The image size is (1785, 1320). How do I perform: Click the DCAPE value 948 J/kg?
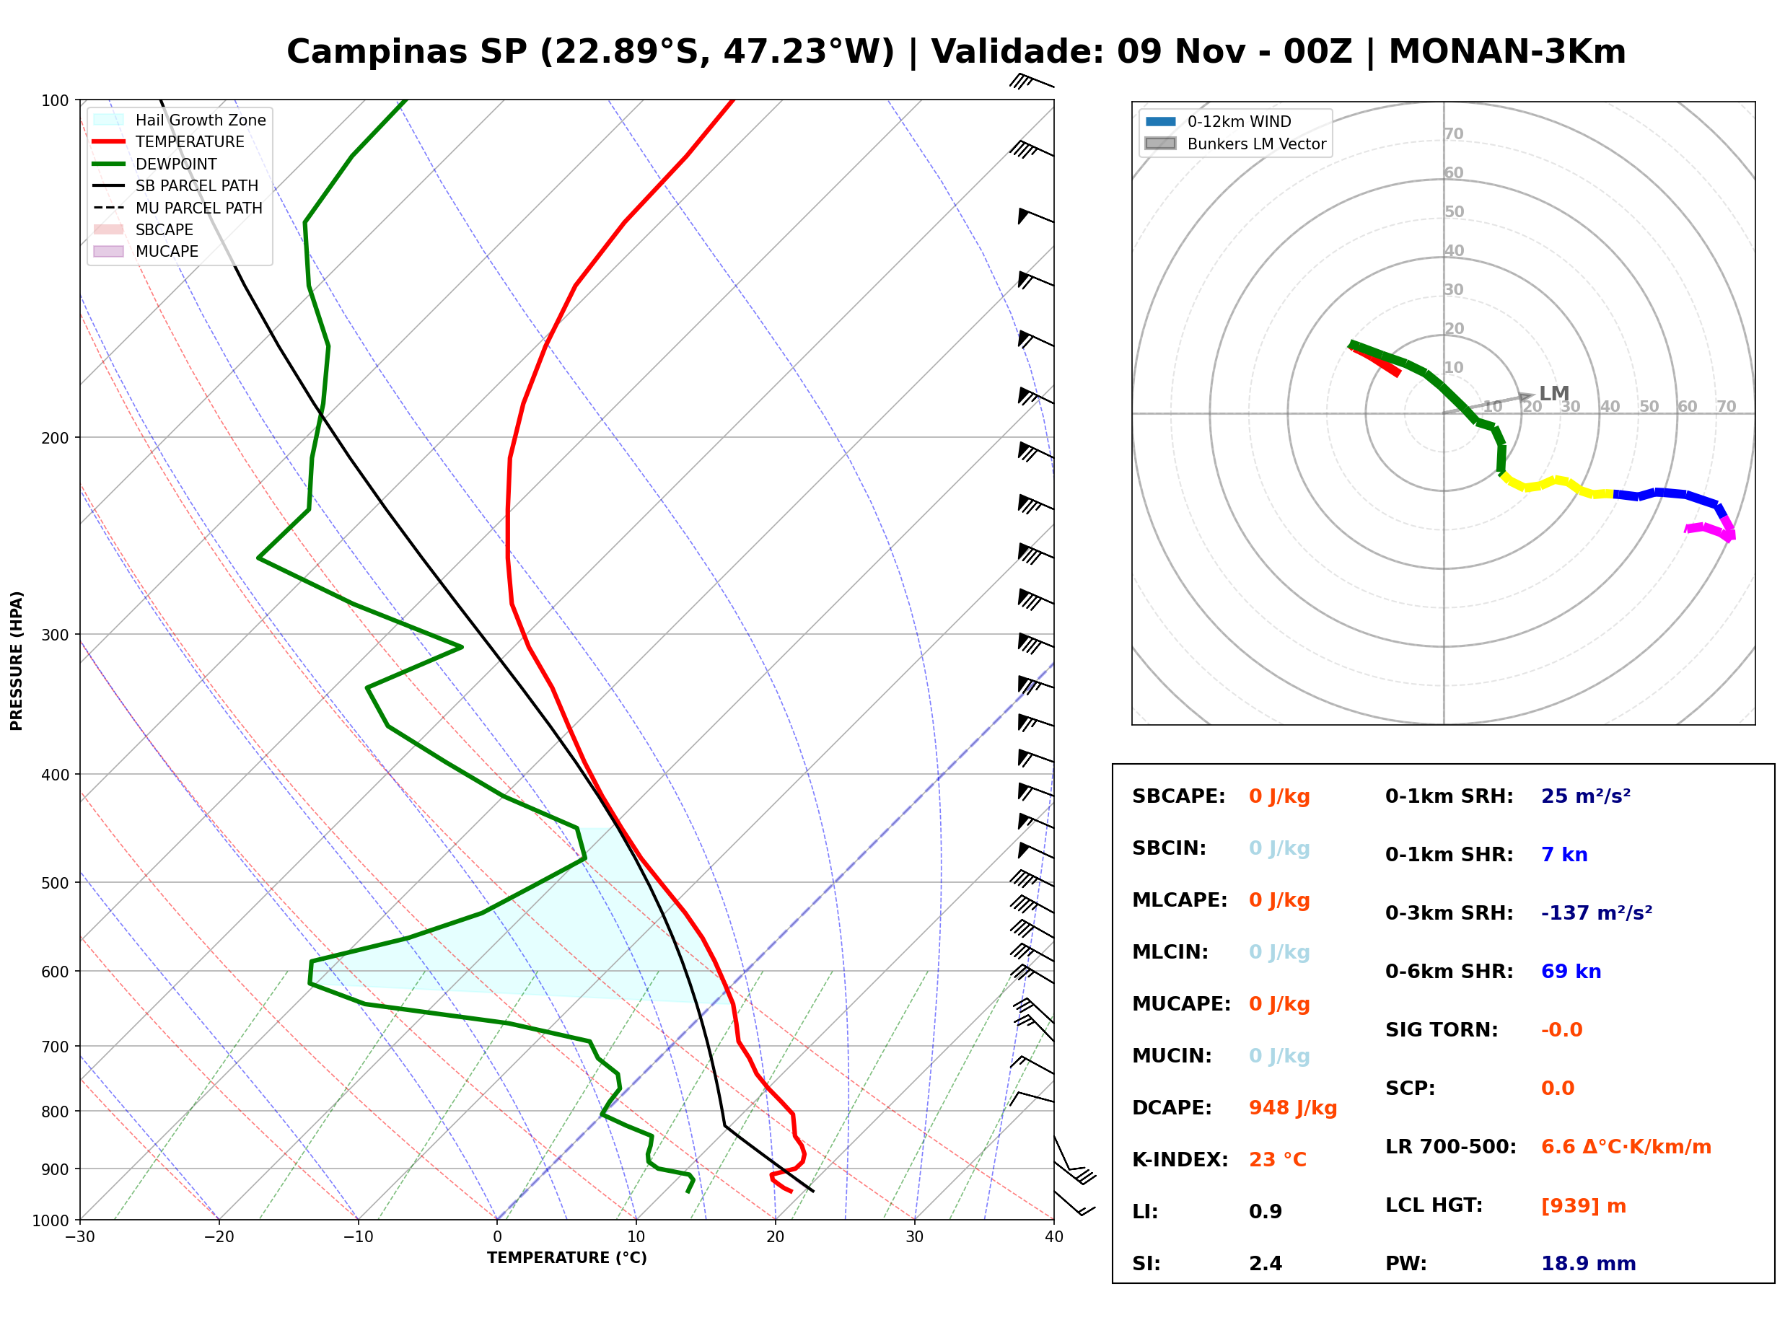(x=1292, y=1107)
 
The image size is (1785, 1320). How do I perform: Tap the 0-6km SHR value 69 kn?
(x=1571, y=971)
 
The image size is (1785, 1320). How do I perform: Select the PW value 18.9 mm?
(x=1589, y=1263)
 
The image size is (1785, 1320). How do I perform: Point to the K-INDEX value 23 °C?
(x=1278, y=1159)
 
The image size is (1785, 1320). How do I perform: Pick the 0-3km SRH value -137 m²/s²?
(x=1597, y=912)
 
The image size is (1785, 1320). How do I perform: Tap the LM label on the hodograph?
(x=1554, y=393)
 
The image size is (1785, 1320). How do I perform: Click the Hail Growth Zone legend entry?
(x=180, y=120)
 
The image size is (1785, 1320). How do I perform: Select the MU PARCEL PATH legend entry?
(x=178, y=208)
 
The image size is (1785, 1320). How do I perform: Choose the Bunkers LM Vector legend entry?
(x=1235, y=144)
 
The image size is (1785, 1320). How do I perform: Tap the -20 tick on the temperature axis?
(x=218, y=1237)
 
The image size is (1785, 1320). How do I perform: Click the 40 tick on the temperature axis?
(x=1054, y=1237)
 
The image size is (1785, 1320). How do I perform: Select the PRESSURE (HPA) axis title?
(x=17, y=661)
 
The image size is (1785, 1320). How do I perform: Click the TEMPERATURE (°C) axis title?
(x=567, y=1258)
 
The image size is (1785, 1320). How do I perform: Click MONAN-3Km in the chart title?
(x=1507, y=52)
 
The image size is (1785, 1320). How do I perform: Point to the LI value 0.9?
(x=1266, y=1211)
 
